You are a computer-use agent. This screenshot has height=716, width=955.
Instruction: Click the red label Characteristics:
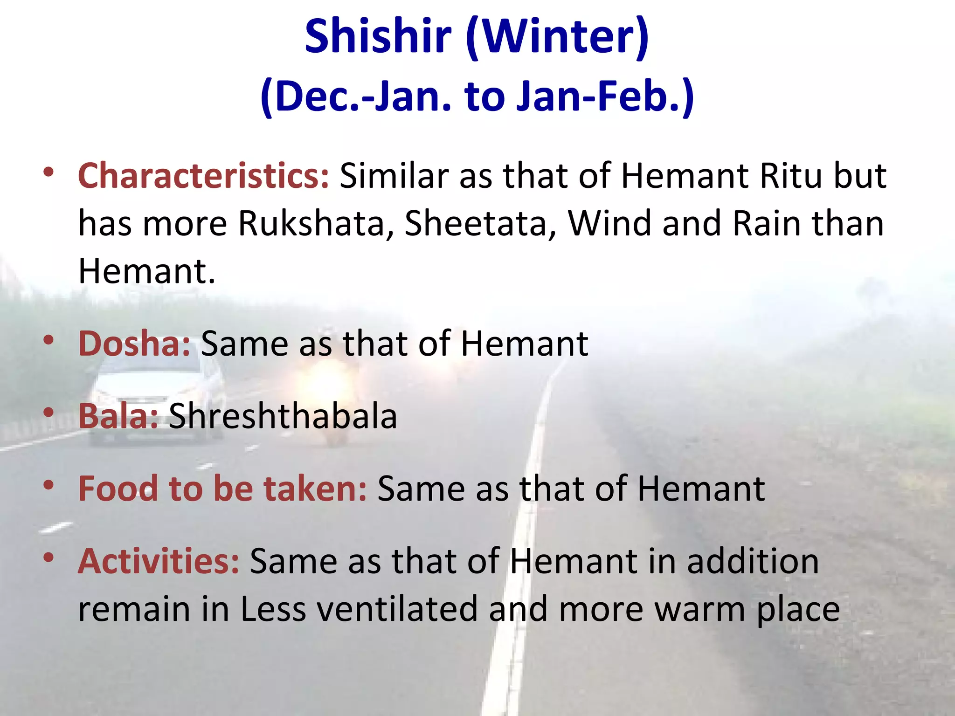(204, 176)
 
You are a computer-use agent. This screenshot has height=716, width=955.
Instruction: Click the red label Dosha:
(134, 344)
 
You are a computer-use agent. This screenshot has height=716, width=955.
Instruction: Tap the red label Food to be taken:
(222, 488)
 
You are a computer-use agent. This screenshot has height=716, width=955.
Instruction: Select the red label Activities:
(159, 561)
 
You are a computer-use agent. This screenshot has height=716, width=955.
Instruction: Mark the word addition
(753, 561)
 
